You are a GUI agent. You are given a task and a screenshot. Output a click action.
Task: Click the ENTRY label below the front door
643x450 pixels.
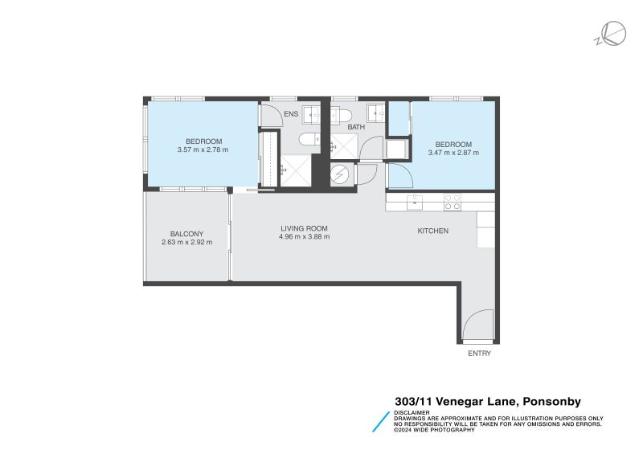479,353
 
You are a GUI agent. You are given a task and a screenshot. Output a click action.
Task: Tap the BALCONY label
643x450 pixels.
186,234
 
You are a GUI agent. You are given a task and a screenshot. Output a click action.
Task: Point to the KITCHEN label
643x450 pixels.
432,231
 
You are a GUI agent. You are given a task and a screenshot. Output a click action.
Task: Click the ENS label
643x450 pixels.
291,115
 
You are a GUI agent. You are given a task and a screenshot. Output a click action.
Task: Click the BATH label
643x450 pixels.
356,127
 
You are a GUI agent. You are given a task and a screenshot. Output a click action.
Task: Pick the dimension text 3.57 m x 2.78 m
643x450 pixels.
203,149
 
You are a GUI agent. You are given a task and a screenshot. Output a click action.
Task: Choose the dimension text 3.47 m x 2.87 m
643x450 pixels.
453,152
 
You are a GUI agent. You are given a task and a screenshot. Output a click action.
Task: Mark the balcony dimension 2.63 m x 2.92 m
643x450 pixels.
186,243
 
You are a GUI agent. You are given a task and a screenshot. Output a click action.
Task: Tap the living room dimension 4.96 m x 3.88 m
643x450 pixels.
304,237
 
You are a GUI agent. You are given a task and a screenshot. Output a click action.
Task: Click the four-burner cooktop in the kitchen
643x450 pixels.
453,202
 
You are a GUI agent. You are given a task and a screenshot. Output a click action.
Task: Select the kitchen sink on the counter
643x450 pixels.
414,202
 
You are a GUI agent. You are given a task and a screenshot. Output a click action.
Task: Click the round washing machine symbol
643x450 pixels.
342,174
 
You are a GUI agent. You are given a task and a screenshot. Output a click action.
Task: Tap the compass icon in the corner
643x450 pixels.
612,33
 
